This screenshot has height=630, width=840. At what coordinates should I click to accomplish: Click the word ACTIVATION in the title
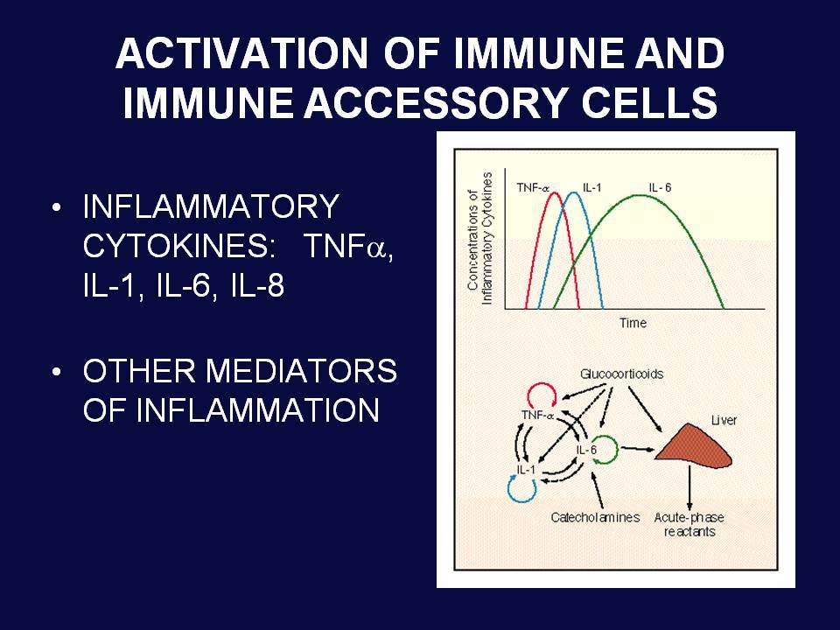pos(241,53)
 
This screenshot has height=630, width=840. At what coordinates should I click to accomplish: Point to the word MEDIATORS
pos(301,370)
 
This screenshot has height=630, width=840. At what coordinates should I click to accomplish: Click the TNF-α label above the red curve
pos(533,187)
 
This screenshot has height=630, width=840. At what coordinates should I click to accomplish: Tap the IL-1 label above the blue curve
pos(592,187)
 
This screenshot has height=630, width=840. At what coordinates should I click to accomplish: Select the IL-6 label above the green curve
pos(660,187)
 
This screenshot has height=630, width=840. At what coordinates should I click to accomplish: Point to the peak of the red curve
pos(554,192)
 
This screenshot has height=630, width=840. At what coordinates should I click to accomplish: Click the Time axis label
pos(633,323)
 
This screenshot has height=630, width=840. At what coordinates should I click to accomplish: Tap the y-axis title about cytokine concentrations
pos(479,238)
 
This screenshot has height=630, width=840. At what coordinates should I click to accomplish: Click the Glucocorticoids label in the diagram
pos(621,374)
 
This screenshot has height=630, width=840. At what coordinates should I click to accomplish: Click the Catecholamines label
pos(595,517)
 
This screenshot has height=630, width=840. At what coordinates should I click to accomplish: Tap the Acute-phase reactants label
pos(689,524)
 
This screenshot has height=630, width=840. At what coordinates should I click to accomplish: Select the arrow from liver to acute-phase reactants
pos(689,487)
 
